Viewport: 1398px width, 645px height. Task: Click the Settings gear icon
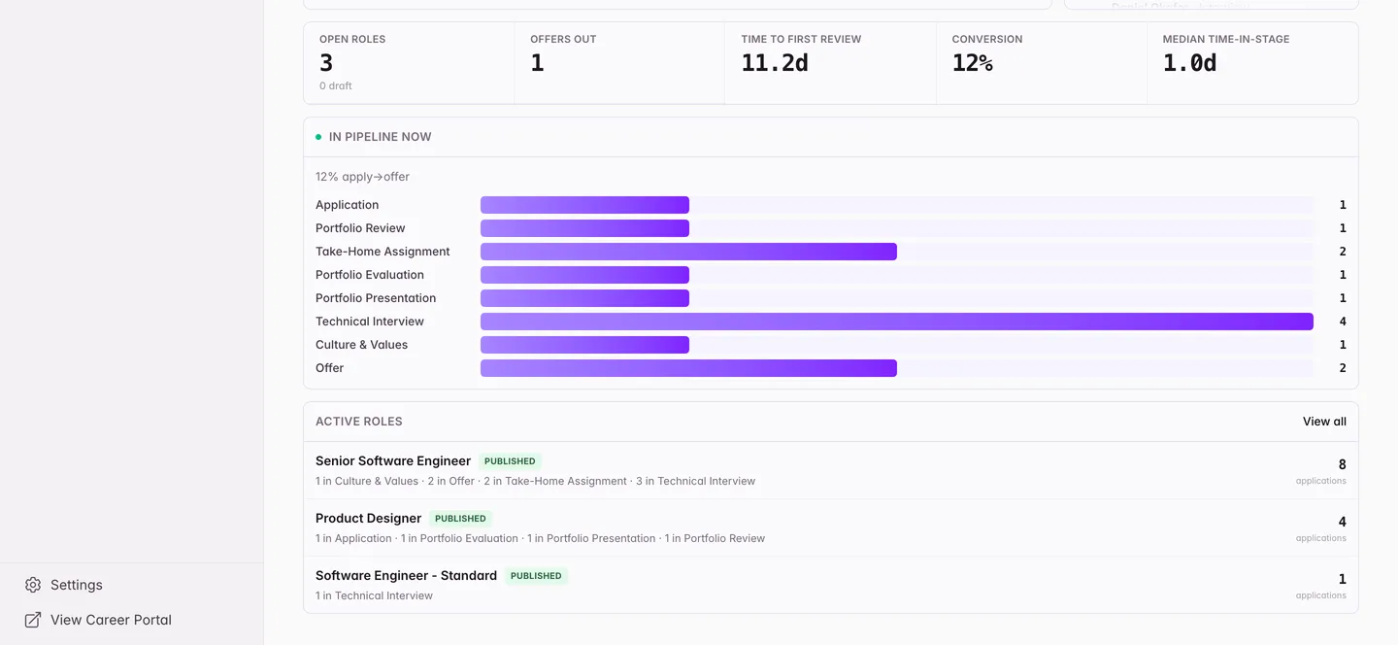(x=33, y=585)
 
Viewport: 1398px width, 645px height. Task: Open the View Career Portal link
(x=111, y=620)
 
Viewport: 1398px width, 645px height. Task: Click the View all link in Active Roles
(x=1324, y=422)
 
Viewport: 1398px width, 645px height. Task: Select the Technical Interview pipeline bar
(x=897, y=322)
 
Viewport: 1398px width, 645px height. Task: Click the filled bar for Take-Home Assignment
(x=688, y=252)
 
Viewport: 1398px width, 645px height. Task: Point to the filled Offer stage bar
(x=688, y=368)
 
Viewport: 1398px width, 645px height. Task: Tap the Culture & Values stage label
(x=361, y=345)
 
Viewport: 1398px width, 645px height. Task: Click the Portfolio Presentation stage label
(x=376, y=298)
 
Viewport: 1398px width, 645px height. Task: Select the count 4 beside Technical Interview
(x=1343, y=322)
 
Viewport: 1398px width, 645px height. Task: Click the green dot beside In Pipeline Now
(x=318, y=137)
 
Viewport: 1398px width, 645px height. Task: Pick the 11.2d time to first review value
(x=775, y=63)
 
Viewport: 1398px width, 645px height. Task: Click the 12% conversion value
(x=973, y=63)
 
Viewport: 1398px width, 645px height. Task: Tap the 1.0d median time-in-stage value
(x=1189, y=63)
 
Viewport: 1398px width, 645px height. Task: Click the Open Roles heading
(x=352, y=39)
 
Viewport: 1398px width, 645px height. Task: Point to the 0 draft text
(x=335, y=85)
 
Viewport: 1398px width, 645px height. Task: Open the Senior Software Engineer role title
(x=392, y=460)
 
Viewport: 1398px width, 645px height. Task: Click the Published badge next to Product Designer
(x=460, y=519)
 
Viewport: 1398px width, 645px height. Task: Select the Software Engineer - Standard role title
(x=406, y=575)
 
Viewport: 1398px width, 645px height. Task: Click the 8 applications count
(x=1342, y=464)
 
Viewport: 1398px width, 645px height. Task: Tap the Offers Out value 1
(x=537, y=63)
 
